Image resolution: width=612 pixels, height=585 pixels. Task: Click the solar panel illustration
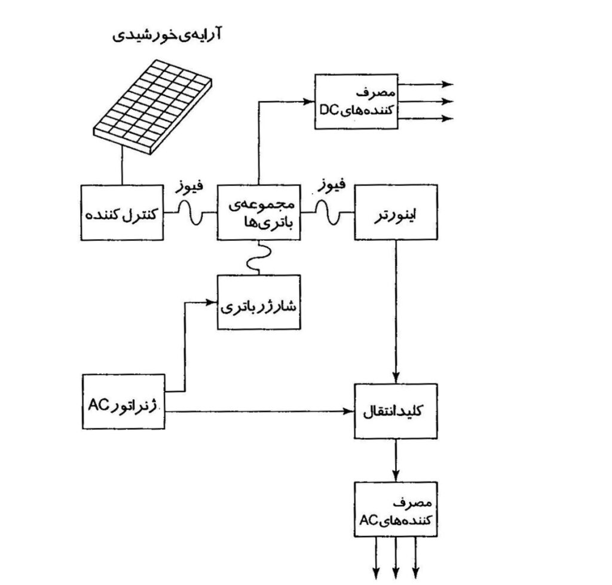click(152, 106)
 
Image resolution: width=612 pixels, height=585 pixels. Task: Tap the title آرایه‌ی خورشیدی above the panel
click(167, 34)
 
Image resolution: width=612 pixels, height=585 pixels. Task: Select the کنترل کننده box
click(122, 213)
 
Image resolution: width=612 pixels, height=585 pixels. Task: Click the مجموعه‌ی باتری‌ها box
click(259, 212)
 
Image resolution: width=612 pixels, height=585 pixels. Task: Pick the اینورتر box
click(396, 212)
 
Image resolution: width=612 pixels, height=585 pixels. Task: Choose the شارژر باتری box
click(259, 302)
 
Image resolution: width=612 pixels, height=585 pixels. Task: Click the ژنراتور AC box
click(123, 402)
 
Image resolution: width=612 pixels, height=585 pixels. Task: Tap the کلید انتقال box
click(396, 411)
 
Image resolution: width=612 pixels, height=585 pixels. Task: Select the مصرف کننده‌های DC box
click(356, 102)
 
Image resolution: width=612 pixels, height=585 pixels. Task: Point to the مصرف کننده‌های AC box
click(396, 510)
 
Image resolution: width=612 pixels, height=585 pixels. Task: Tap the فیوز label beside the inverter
click(331, 185)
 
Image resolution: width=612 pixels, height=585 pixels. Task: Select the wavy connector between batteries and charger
click(258, 258)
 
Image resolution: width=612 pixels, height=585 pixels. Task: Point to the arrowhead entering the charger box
click(212, 302)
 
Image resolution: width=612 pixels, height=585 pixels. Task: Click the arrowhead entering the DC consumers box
click(309, 102)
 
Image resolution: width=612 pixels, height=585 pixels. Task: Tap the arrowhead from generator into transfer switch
click(348, 411)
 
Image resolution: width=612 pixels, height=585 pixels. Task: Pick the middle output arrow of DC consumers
click(426, 102)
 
